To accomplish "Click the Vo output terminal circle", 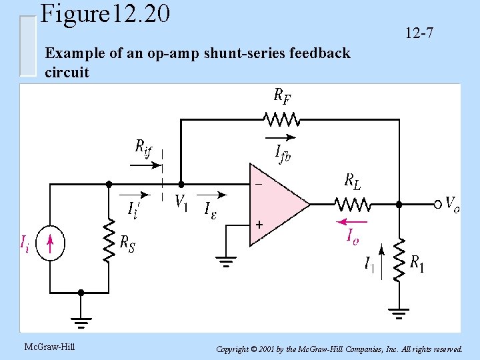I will coord(438,203).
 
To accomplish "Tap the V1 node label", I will coord(181,201).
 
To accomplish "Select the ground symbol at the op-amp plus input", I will coord(226,261).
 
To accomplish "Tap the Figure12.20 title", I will coord(105,13).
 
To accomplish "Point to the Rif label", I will coord(143,147).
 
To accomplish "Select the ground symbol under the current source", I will coord(81,323).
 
